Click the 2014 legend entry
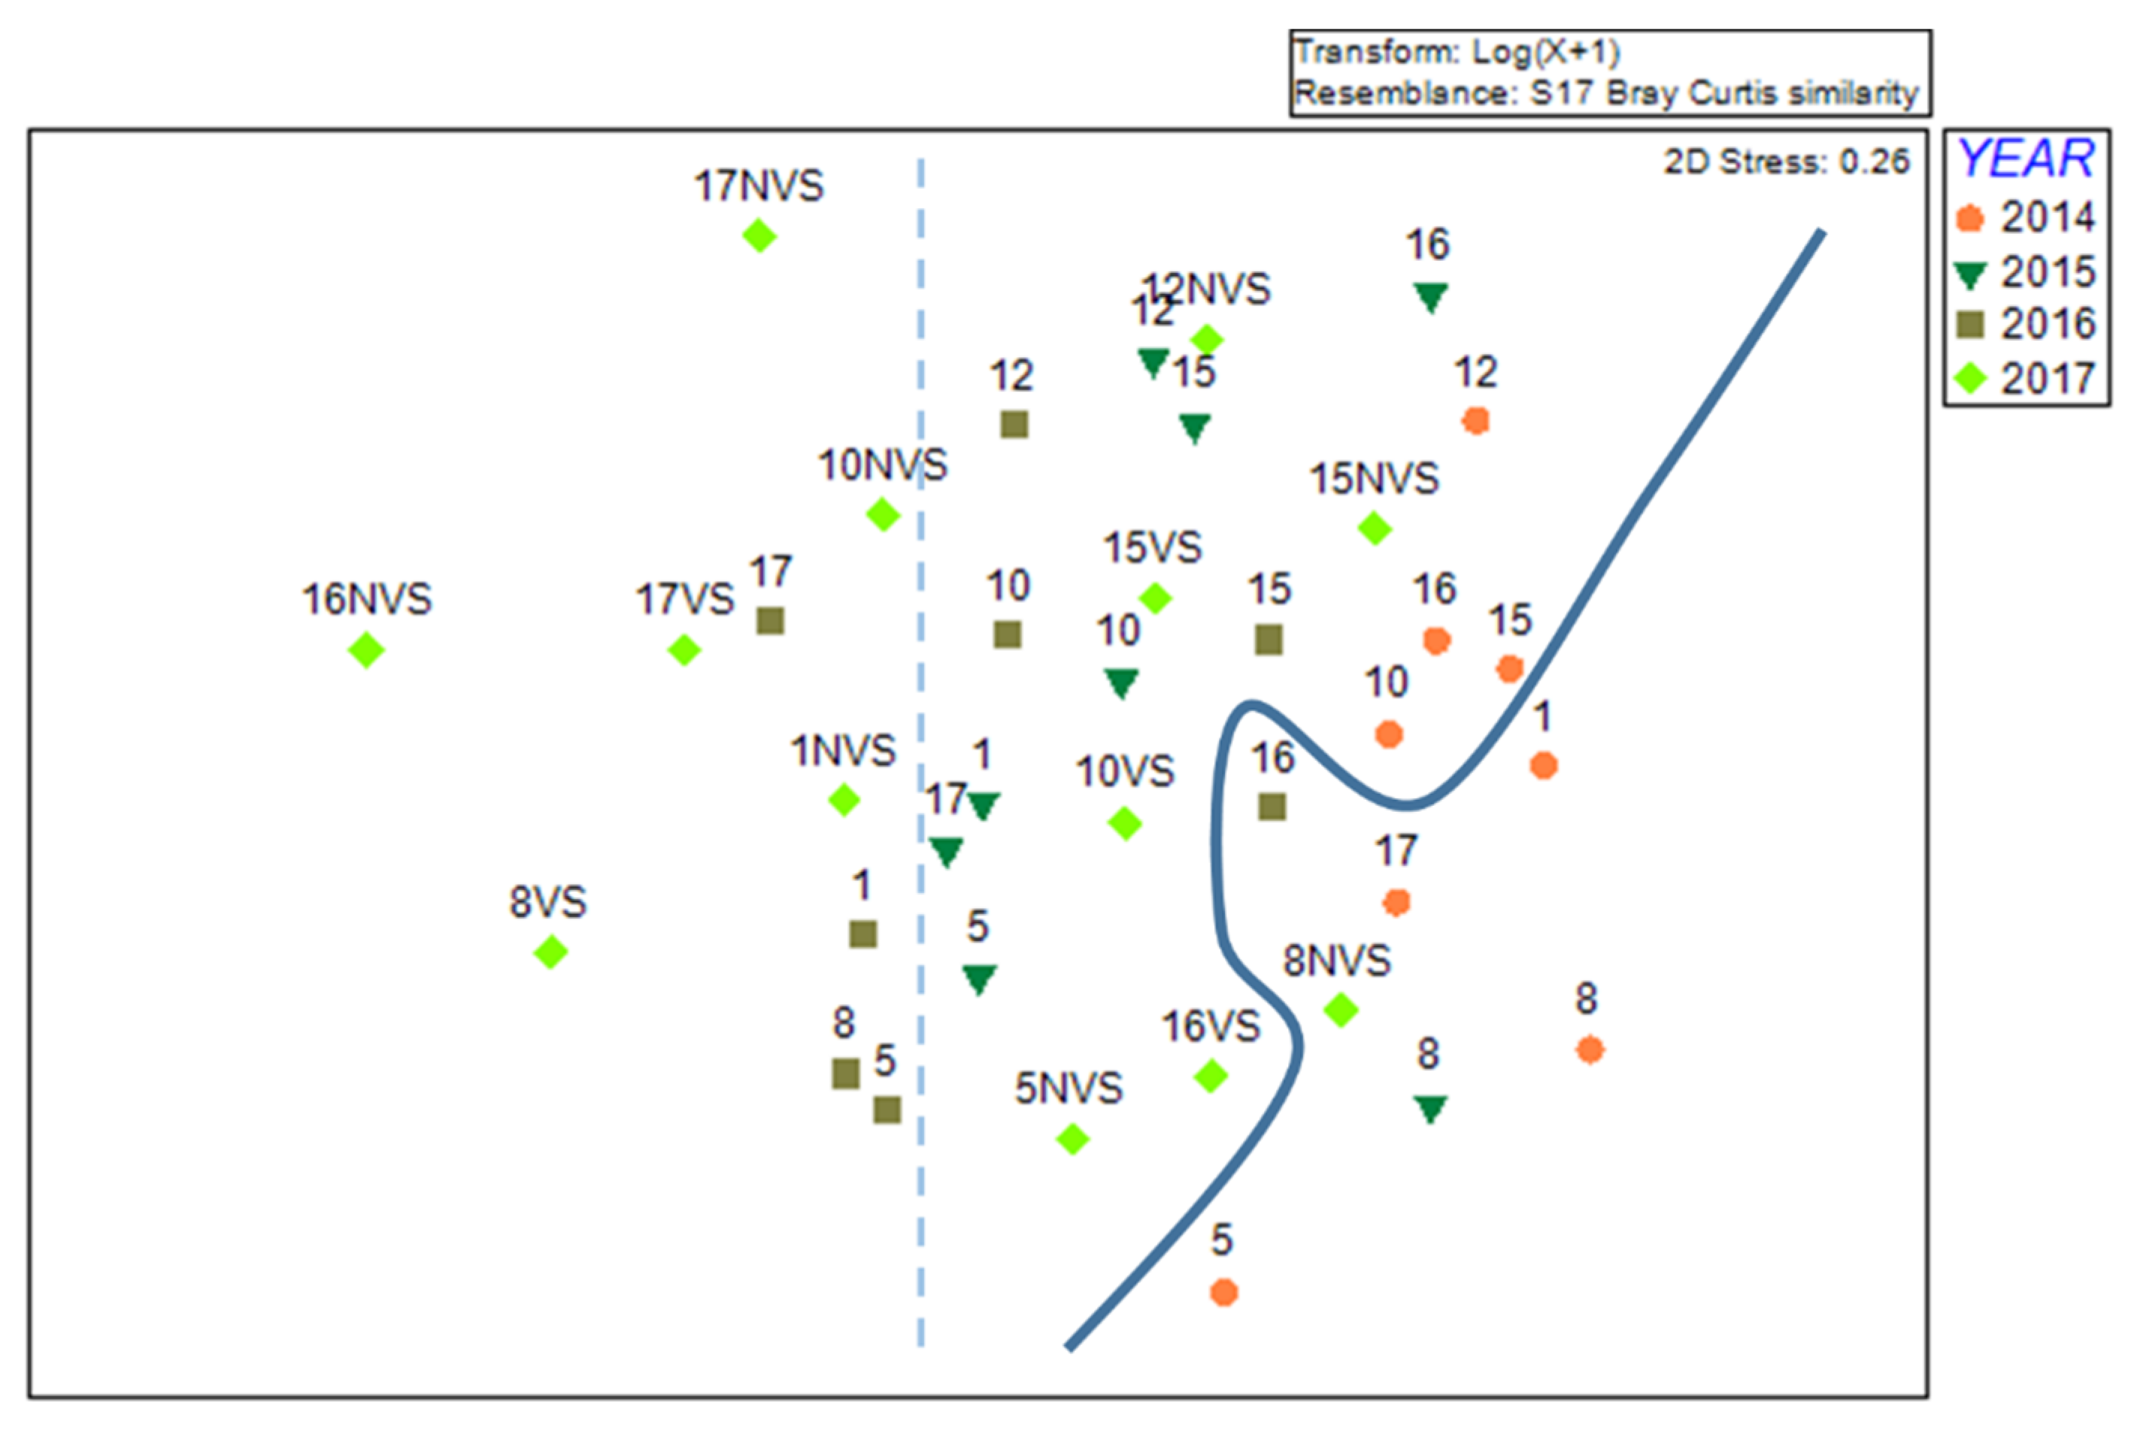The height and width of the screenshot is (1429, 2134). [2026, 218]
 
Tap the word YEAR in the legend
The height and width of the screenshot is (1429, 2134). [2026, 159]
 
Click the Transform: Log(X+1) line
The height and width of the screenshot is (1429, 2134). [1456, 52]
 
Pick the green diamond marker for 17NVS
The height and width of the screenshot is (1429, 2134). [759, 236]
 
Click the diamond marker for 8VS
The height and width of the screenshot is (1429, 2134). [550, 952]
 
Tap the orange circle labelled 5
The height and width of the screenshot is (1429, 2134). [1223, 1292]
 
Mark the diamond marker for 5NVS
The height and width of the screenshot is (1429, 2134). [1073, 1138]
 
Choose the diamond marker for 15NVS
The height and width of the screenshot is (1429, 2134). [1375, 528]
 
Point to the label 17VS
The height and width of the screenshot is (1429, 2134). [684, 600]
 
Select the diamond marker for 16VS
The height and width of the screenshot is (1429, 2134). [1211, 1076]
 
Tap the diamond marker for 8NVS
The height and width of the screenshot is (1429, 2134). [1341, 1010]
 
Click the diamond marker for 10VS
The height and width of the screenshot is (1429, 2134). [1125, 823]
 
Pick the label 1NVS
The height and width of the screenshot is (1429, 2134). [842, 751]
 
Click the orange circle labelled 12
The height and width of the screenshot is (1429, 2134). [1476, 420]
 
